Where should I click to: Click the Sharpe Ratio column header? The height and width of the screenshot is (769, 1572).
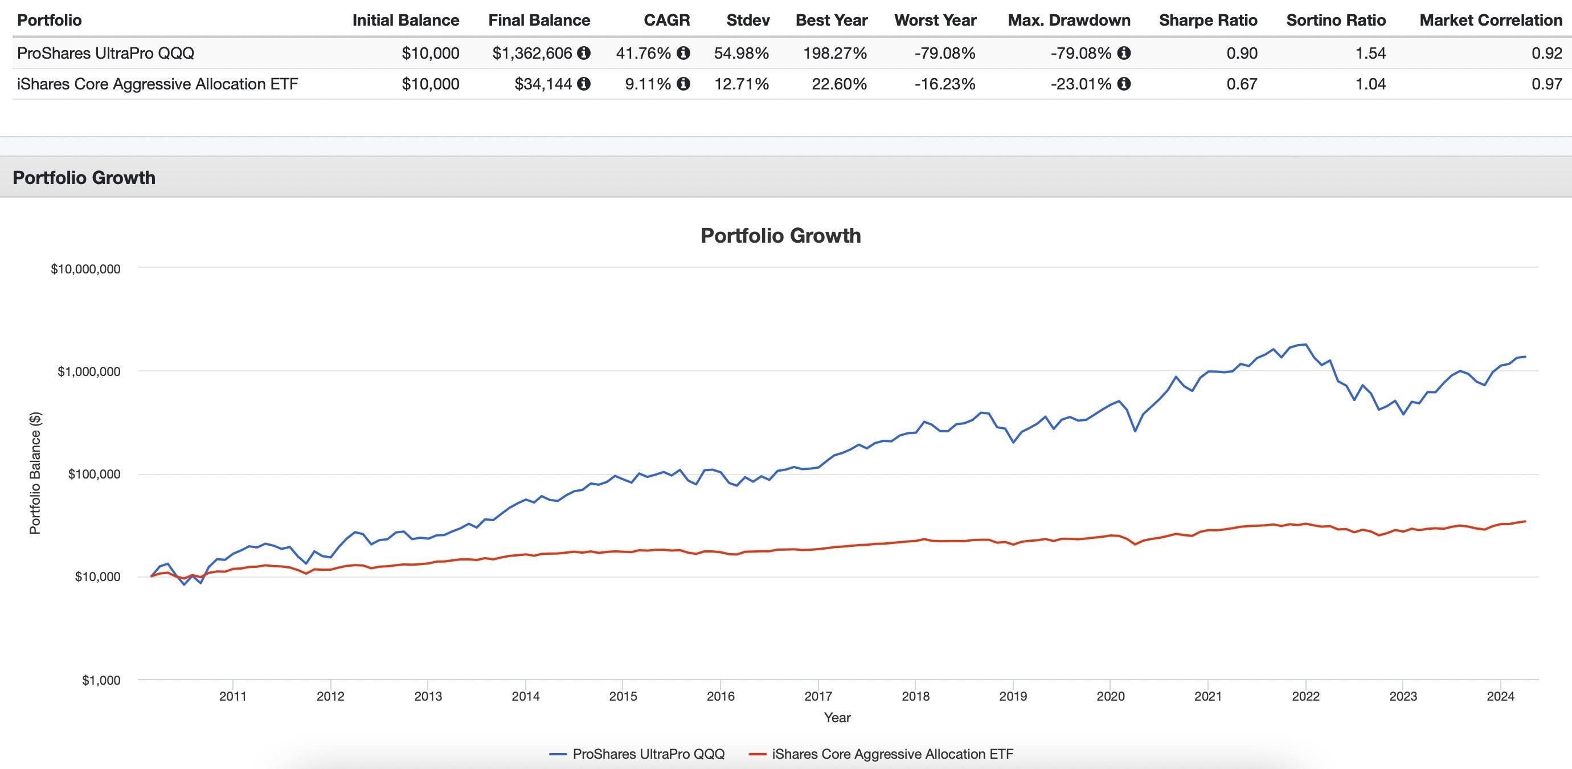[1207, 20]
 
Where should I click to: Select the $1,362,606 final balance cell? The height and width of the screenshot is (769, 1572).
[532, 53]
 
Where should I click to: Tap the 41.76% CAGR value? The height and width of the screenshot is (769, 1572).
[643, 53]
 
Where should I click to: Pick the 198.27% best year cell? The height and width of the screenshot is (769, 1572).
[835, 53]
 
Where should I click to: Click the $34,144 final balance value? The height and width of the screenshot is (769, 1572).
[543, 84]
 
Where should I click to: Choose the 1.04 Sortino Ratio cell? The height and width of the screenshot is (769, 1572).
[1370, 84]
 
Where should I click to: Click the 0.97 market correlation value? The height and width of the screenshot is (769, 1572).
[1546, 84]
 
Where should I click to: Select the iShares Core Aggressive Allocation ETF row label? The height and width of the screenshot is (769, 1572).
[157, 84]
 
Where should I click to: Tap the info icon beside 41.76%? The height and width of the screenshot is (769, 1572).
[684, 53]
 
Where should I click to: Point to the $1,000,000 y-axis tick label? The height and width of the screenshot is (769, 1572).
[88, 371]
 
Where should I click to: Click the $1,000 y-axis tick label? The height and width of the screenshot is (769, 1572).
[101, 681]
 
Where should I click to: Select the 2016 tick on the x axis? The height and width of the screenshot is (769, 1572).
[720, 696]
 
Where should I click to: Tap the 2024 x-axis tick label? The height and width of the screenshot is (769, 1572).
[1501, 696]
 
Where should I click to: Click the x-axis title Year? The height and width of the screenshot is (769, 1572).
[837, 718]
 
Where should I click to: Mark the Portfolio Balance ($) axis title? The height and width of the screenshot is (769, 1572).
[35, 473]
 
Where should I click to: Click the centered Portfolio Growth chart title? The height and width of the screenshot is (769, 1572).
[780, 236]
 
